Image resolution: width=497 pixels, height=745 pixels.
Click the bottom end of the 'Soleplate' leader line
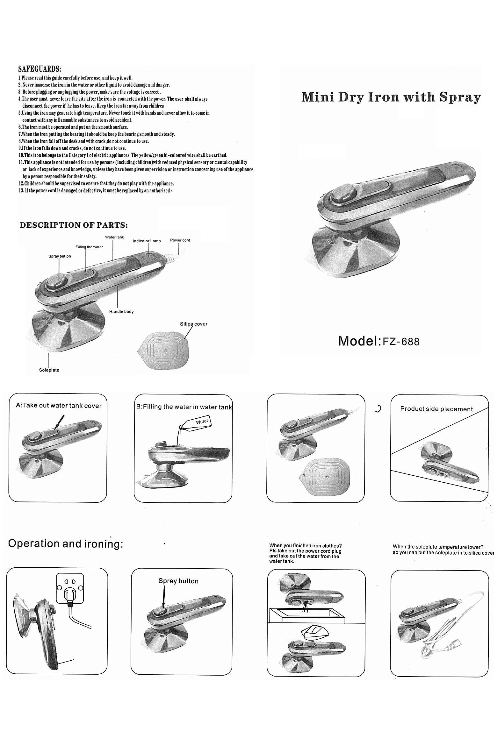pyautogui.click(x=48, y=367)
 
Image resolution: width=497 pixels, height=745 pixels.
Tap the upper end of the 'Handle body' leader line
pyautogui.click(x=118, y=286)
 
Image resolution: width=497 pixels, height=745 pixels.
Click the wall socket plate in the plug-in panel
pyautogui.click(x=70, y=588)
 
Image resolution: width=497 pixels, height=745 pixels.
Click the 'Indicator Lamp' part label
pyautogui.click(x=147, y=241)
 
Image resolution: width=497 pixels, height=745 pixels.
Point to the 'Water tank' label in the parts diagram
pyautogui.click(x=114, y=237)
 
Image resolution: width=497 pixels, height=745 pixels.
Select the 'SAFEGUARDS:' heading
pyautogui.click(x=40, y=69)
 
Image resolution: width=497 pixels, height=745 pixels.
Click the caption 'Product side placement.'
pyautogui.click(x=437, y=409)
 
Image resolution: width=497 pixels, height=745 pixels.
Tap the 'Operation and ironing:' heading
pyautogui.click(x=66, y=544)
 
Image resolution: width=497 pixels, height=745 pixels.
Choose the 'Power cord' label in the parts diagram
pyautogui.click(x=180, y=240)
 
